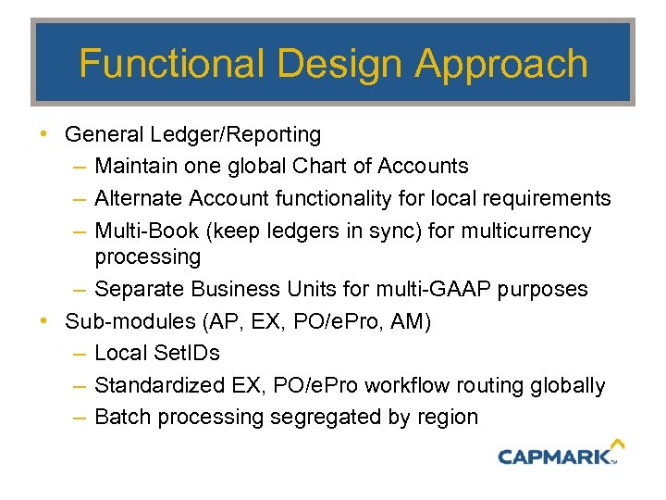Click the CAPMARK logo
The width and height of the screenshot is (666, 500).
555,456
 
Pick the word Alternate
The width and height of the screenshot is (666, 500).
139,198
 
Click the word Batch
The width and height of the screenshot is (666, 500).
123,417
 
